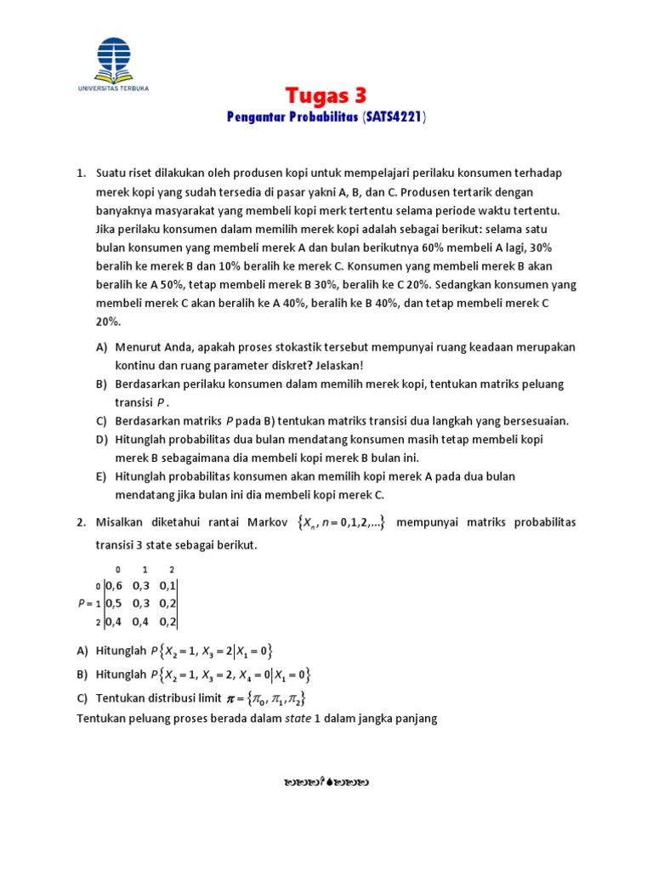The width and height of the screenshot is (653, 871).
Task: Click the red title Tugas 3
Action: click(326, 94)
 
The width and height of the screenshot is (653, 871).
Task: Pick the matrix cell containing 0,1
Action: click(166, 586)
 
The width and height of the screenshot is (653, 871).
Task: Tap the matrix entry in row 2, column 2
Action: click(166, 623)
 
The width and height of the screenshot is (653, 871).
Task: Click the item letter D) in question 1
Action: click(102, 439)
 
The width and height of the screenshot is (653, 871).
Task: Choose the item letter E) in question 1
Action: click(102, 476)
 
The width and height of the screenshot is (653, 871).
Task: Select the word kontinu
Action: click(135, 366)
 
